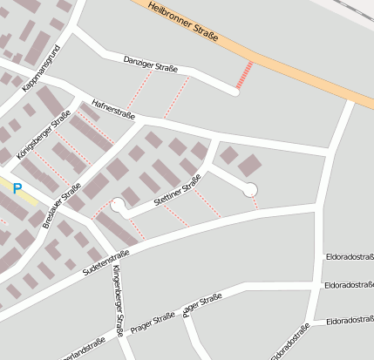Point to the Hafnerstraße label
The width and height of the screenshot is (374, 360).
tap(113, 106)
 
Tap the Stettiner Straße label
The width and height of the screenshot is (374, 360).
tap(177, 190)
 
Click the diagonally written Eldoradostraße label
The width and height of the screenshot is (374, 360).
tap(290, 343)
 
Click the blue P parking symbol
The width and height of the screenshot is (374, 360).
tap(17, 188)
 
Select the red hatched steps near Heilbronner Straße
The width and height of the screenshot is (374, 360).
tap(245, 75)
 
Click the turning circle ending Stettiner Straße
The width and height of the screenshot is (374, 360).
tap(118, 206)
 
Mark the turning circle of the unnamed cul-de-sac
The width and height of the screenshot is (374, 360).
tap(250, 189)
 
